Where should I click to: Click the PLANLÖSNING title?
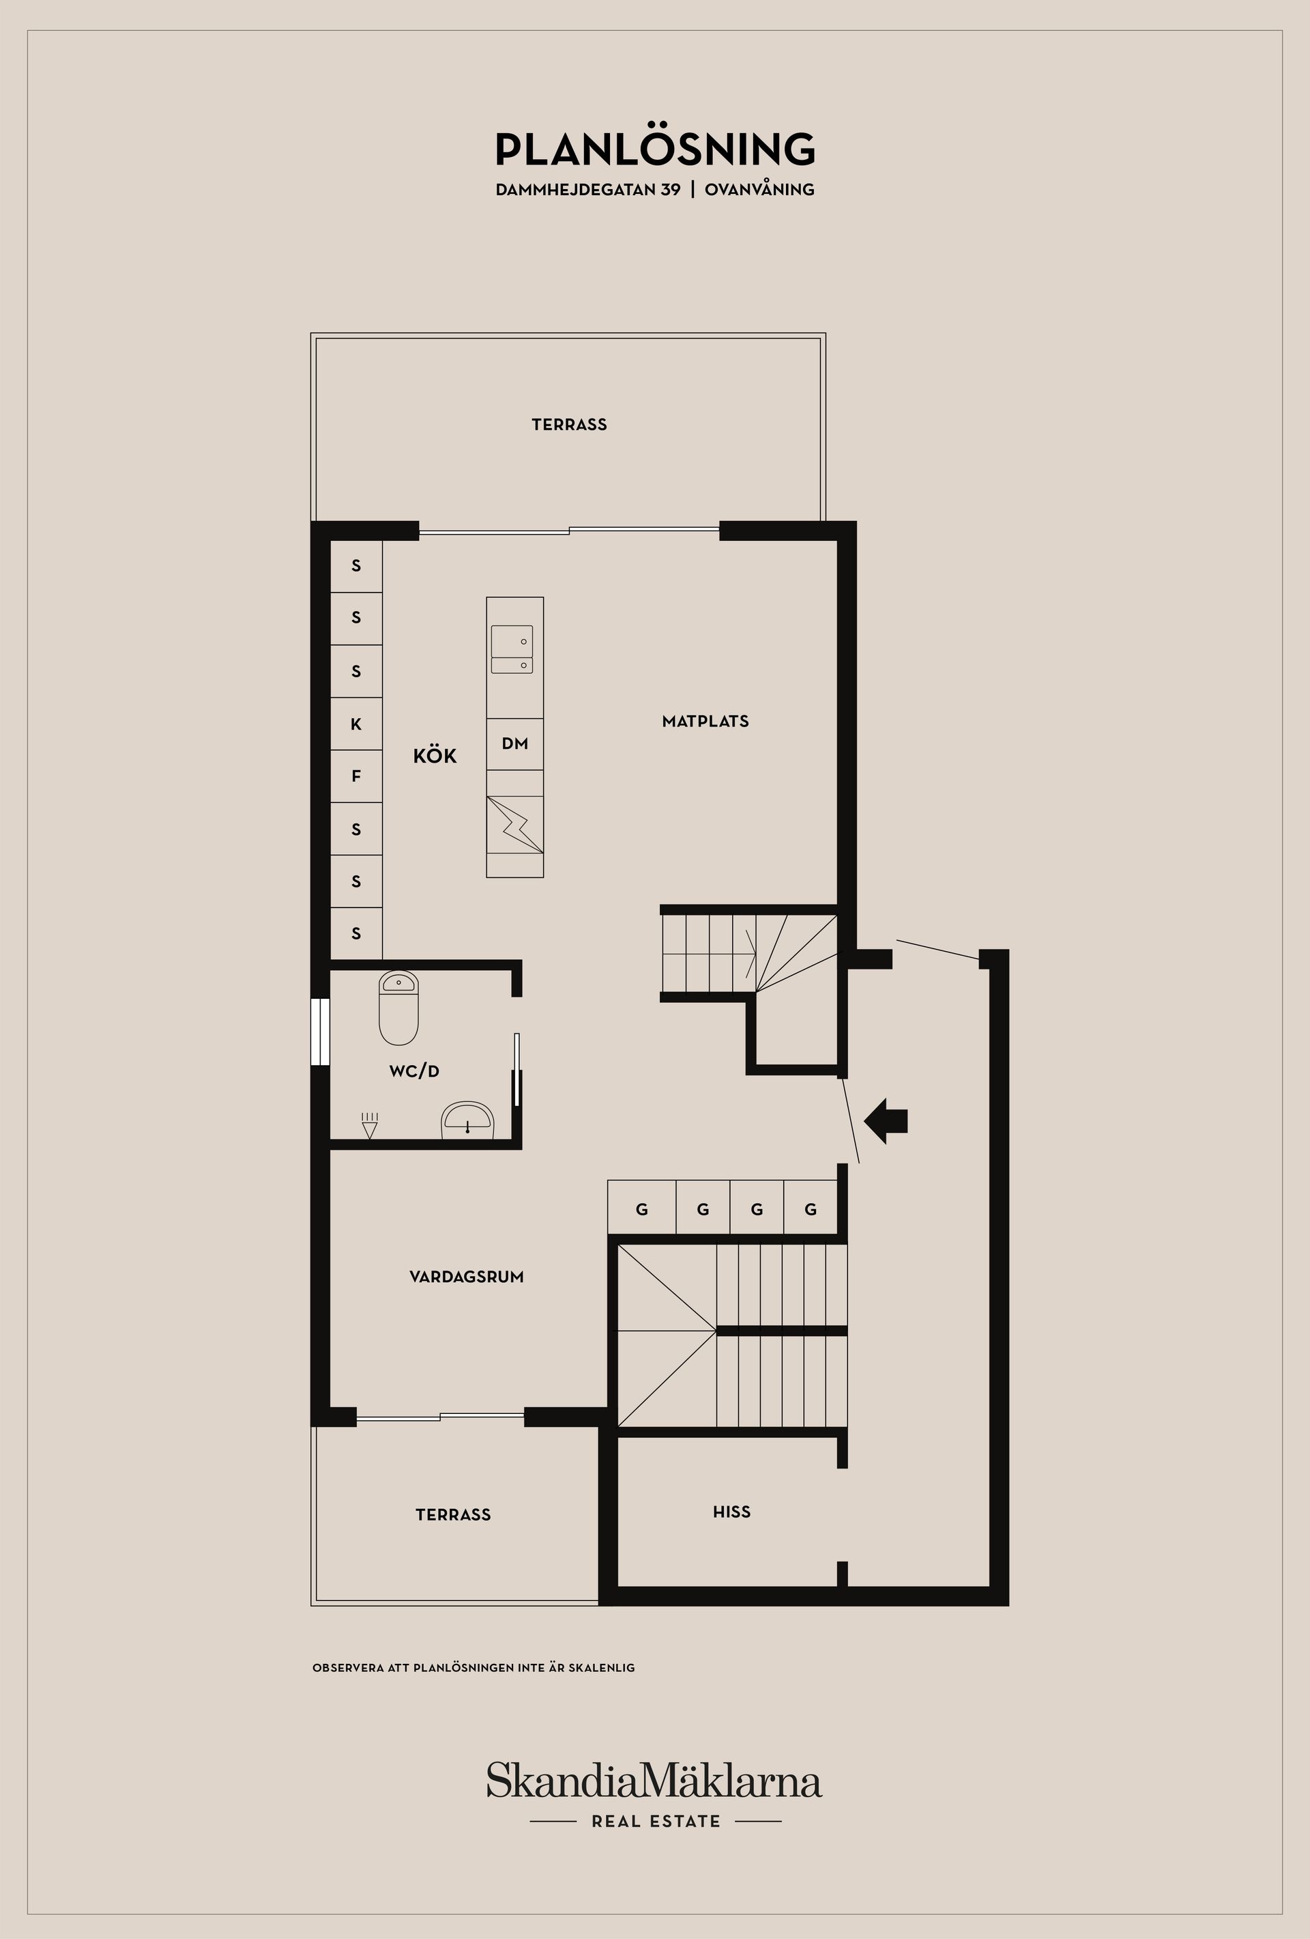[x=654, y=150]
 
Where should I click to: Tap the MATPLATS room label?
[x=705, y=721]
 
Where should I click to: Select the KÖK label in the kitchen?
[x=435, y=756]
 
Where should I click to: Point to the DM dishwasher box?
[x=514, y=744]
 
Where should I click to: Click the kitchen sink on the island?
[x=512, y=649]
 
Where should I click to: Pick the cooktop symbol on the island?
[x=514, y=824]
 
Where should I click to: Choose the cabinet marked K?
[x=356, y=724]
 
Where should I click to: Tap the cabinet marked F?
[x=356, y=776]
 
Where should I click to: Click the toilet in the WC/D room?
[x=398, y=1007]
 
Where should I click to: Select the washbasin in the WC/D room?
[x=468, y=1120]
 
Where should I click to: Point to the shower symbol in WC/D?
[x=369, y=1124]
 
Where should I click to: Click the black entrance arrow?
[x=886, y=1120]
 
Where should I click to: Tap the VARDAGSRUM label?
[x=466, y=1277]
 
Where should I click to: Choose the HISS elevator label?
[x=731, y=1512]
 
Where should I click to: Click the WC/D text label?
[x=413, y=1071]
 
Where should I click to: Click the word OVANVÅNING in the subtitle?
[x=759, y=189]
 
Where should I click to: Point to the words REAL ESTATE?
[x=656, y=1822]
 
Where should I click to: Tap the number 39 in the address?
[x=669, y=189]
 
